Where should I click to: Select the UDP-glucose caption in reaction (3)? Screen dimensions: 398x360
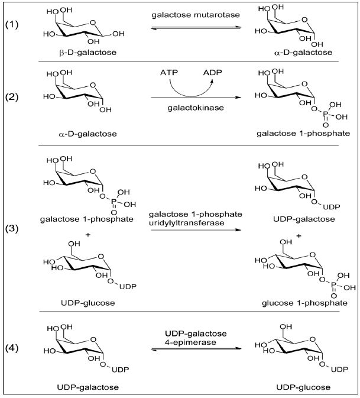coord(79,303)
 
